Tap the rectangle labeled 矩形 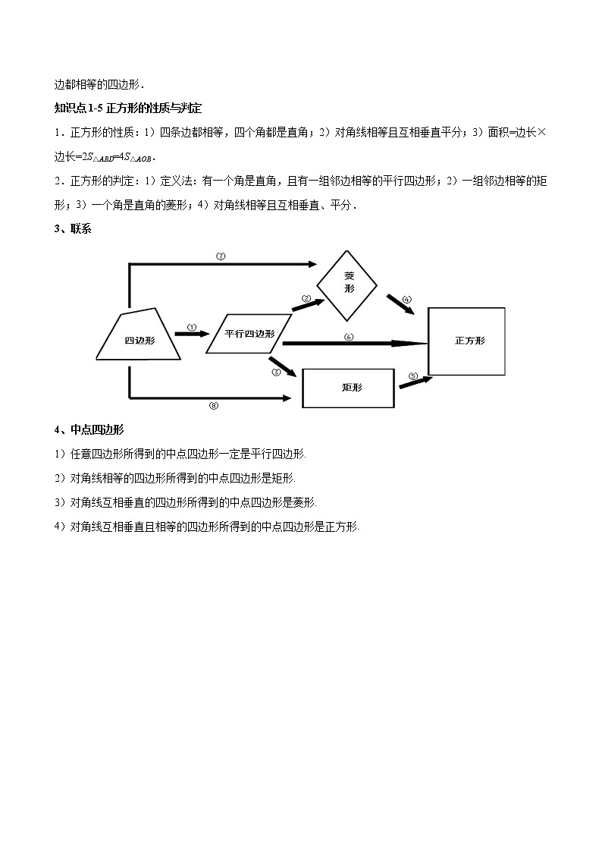point(348,388)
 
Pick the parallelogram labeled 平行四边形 point(249,333)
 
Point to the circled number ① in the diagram point(192,328)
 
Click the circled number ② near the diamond point(306,299)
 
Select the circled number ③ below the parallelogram point(276,372)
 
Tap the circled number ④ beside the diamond point(407,300)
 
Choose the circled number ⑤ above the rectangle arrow point(413,376)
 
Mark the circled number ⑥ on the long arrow point(349,337)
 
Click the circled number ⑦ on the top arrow point(221,256)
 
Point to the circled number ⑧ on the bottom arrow point(214,405)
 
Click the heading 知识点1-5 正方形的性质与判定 point(128,108)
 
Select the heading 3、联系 point(73,228)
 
